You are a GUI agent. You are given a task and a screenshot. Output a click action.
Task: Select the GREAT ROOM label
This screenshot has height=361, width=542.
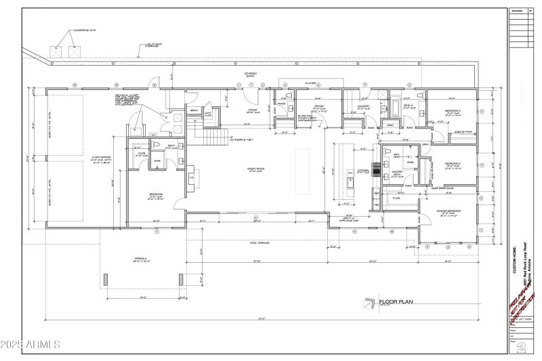pos(256,169)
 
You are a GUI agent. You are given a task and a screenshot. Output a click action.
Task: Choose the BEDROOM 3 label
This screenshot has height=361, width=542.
pos(453,111)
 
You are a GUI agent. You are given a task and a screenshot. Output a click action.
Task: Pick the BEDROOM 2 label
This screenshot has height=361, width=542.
pos(453,165)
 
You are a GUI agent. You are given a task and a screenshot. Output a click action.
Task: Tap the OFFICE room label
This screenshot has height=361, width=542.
pos(319,107)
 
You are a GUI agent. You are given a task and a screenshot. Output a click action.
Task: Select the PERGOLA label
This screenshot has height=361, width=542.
pos(141,259)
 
